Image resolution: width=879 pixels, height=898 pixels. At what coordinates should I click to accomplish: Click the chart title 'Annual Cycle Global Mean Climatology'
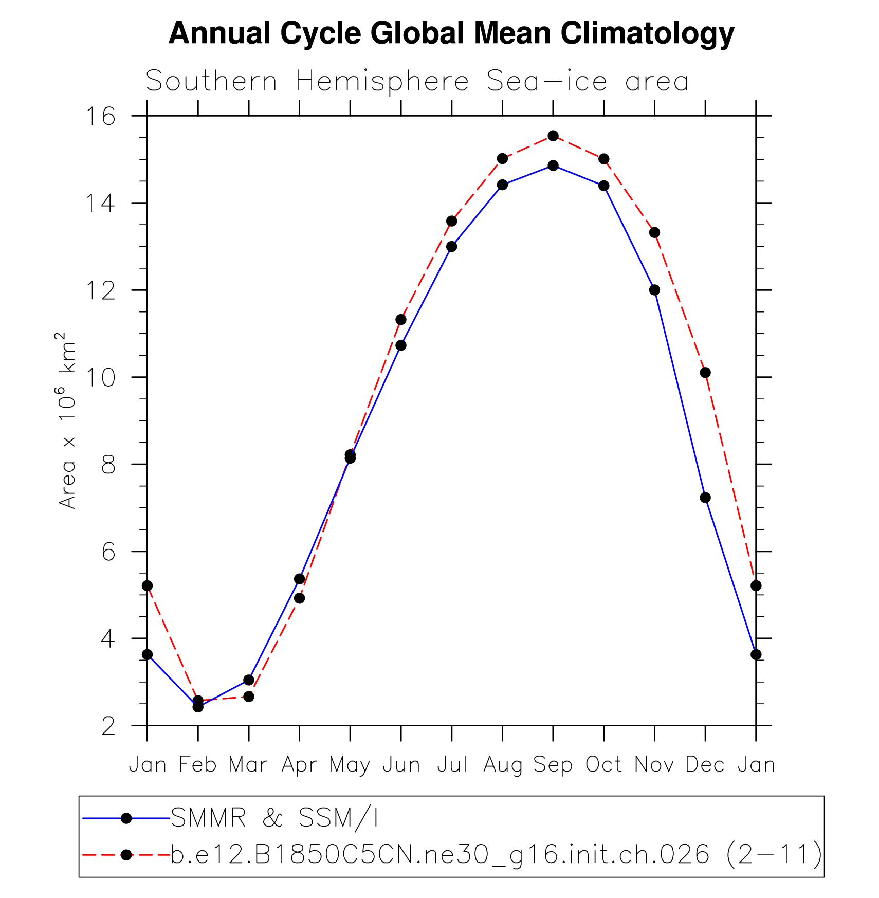pos(451,33)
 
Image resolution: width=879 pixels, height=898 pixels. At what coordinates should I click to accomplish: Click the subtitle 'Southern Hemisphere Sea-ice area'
pos(417,81)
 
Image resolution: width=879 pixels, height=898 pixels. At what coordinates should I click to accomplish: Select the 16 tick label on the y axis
pos(101,116)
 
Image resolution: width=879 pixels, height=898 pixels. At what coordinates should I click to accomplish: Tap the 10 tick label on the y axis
pos(101,378)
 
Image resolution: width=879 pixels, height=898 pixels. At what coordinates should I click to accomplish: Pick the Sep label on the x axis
pos(553,765)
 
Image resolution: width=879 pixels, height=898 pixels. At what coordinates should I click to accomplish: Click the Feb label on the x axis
pos(197,765)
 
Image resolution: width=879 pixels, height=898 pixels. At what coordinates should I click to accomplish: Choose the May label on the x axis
pos(350,765)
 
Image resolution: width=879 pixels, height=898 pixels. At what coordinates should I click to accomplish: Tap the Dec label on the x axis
pos(705,765)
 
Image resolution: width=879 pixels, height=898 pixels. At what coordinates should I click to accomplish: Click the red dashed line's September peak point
pos(553,136)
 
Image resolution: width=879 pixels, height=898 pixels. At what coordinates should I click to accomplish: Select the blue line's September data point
pos(553,166)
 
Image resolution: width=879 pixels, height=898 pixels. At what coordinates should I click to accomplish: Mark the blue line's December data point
pos(705,498)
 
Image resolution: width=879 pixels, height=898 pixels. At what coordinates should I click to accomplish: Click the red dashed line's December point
pos(705,372)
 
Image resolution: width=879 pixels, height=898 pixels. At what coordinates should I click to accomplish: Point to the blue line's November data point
pos(654,290)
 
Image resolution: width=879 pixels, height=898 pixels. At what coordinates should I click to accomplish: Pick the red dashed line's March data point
pos(249,697)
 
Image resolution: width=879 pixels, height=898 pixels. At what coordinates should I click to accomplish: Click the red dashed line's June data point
pos(401,320)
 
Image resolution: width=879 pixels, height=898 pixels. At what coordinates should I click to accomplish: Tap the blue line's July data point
pos(452,247)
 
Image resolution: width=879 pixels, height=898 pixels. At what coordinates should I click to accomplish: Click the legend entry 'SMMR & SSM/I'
pos(274,818)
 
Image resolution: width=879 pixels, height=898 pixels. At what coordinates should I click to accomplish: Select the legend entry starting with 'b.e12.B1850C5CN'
pos(496,855)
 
